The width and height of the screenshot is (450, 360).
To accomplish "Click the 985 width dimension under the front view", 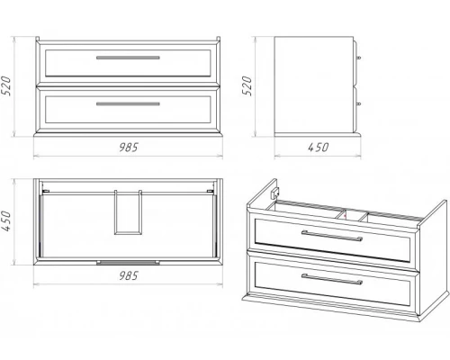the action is point(129,148).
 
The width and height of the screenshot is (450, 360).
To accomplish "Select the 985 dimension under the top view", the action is point(129,275).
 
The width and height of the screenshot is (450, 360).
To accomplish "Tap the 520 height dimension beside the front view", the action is point(6,86).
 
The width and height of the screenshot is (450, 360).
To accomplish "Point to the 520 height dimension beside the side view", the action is point(247,86).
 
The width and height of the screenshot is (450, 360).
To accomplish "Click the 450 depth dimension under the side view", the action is point(318,148).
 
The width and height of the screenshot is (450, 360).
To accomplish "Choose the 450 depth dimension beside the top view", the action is point(6,221).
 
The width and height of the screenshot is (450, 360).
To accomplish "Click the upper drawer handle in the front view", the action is point(128,58).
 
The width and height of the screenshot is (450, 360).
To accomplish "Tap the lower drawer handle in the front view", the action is point(128,103).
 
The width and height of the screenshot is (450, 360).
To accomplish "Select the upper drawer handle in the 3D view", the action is point(332,236).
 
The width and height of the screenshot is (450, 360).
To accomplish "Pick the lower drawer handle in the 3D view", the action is point(332,279).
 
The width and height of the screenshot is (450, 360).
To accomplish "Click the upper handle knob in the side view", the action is point(358,58).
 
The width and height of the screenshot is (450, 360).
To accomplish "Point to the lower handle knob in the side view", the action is point(358,103).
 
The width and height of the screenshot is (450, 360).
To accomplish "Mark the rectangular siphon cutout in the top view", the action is point(128,212).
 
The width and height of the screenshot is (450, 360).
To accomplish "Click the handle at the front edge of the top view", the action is point(128,263).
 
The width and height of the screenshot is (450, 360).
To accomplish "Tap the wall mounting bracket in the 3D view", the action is point(275,193).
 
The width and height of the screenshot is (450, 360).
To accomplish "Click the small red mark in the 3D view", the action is point(346,215).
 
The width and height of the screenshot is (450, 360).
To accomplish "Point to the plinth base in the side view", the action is point(318,134).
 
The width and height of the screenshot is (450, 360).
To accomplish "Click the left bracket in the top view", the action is point(46,191).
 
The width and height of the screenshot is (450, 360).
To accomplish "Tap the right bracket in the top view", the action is point(211,191).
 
